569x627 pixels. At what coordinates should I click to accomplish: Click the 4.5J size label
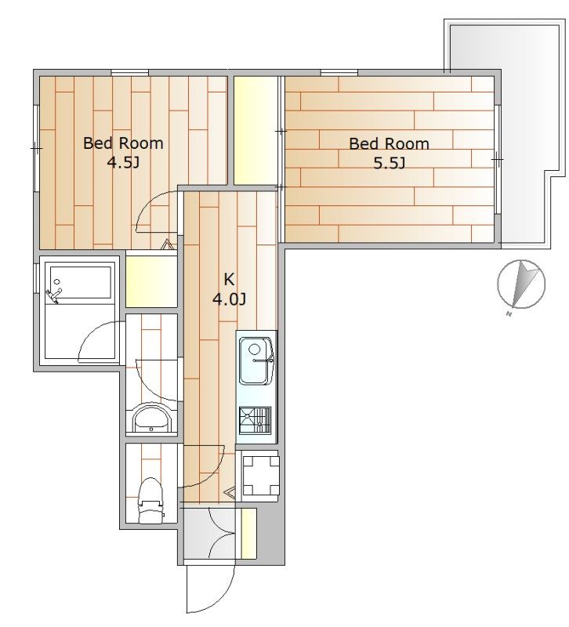pyautogui.click(x=123, y=163)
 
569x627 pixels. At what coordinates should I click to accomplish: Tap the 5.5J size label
pyautogui.click(x=390, y=163)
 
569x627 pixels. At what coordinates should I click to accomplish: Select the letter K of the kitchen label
pyautogui.click(x=229, y=279)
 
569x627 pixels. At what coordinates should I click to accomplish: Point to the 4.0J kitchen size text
pyautogui.click(x=229, y=299)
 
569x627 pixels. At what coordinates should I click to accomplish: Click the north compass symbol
pyautogui.click(x=521, y=284)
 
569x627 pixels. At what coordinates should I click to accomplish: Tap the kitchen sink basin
pyautogui.click(x=256, y=361)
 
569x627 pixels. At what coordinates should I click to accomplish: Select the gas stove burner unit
pyautogui.click(x=256, y=420)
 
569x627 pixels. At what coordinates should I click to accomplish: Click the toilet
pyautogui.click(x=150, y=500)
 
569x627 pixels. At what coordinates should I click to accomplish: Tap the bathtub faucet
pyautogui.click(x=54, y=294)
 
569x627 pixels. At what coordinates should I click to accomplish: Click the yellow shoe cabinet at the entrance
pyautogui.click(x=248, y=534)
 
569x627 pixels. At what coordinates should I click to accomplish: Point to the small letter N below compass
pyautogui.click(x=509, y=314)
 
